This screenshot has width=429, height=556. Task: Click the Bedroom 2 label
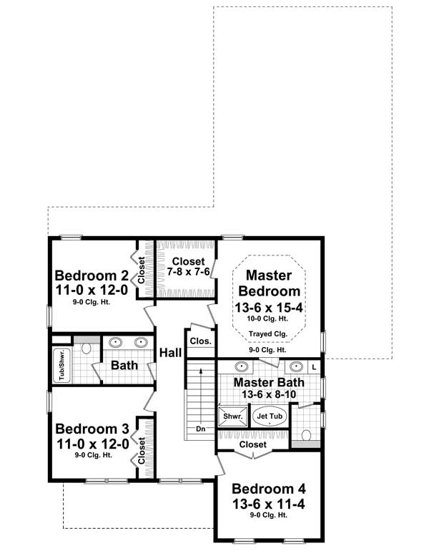click(x=92, y=275)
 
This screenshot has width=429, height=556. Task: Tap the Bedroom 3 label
click(x=92, y=429)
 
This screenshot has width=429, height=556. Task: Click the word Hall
click(x=170, y=352)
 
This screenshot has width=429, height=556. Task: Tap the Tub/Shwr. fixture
click(x=61, y=364)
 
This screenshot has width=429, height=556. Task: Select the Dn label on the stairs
click(x=200, y=429)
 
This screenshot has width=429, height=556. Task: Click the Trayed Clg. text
click(x=268, y=334)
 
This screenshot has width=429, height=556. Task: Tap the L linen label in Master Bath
click(x=314, y=366)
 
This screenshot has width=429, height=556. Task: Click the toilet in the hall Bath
click(x=87, y=348)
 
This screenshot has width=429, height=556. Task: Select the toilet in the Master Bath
click(x=306, y=434)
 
